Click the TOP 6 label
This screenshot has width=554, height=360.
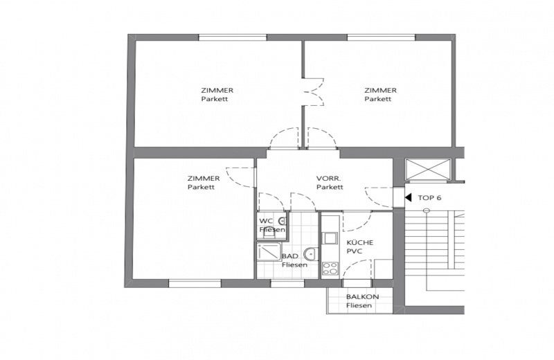(429, 197)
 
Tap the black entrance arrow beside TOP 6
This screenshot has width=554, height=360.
(409, 197)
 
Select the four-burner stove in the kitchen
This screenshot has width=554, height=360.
(330, 268)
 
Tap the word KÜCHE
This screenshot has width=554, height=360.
(360, 242)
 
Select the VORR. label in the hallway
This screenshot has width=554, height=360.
(329, 178)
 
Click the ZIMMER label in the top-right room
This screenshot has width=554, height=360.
(380, 90)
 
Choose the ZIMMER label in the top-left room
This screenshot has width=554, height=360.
(217, 90)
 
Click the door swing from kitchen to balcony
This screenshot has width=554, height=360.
(359, 269)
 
